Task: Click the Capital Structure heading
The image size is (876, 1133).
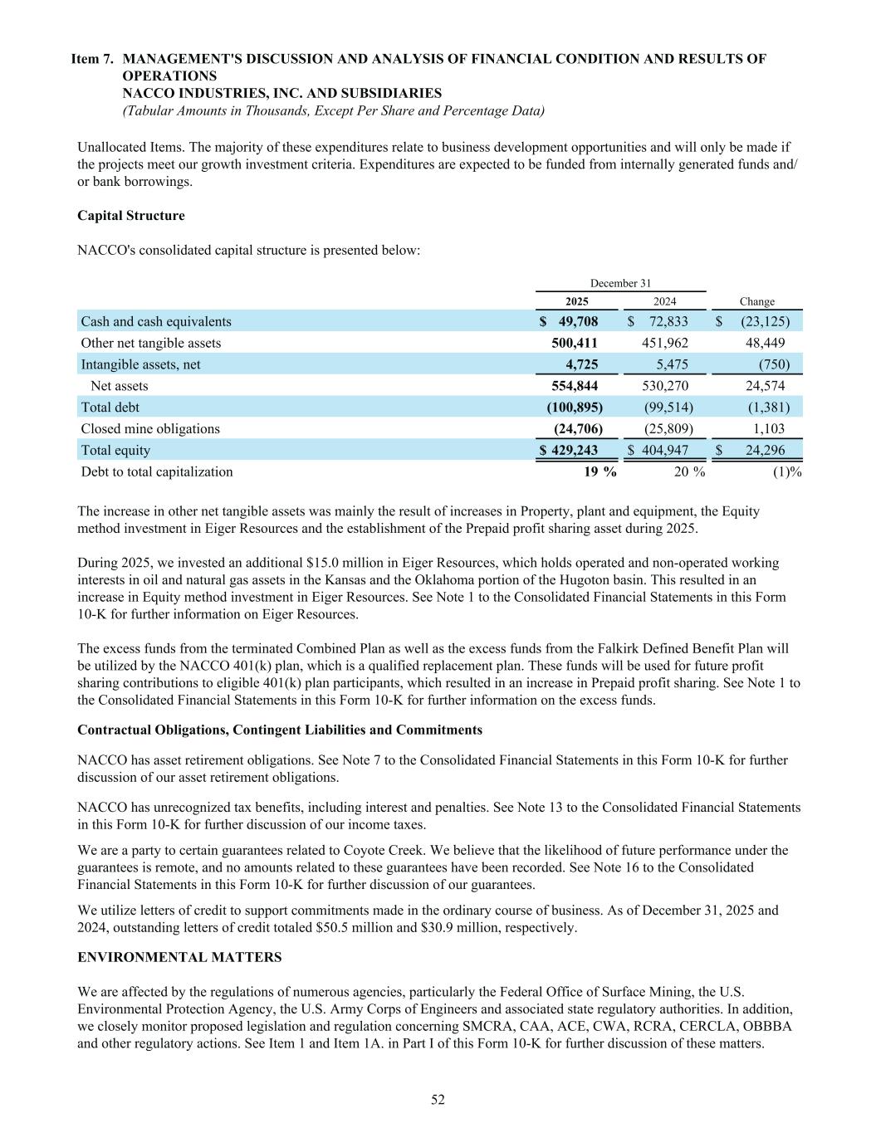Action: click(x=130, y=216)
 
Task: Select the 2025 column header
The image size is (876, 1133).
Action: click(x=576, y=302)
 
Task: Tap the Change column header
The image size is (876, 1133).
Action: click(x=756, y=302)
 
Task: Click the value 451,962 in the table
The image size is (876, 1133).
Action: click(x=665, y=343)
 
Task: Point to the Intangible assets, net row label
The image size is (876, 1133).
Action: click(x=140, y=364)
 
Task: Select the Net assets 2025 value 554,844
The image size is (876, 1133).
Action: click(x=575, y=386)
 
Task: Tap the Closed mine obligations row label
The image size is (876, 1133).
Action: click(x=150, y=429)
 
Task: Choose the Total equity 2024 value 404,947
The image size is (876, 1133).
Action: click(x=663, y=451)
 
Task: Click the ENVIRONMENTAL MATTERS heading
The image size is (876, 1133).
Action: click(x=179, y=958)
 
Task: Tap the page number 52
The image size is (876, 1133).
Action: click(x=438, y=1100)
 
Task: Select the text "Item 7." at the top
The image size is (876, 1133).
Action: click(x=93, y=59)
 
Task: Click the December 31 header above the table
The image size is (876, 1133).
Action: click(x=620, y=284)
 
